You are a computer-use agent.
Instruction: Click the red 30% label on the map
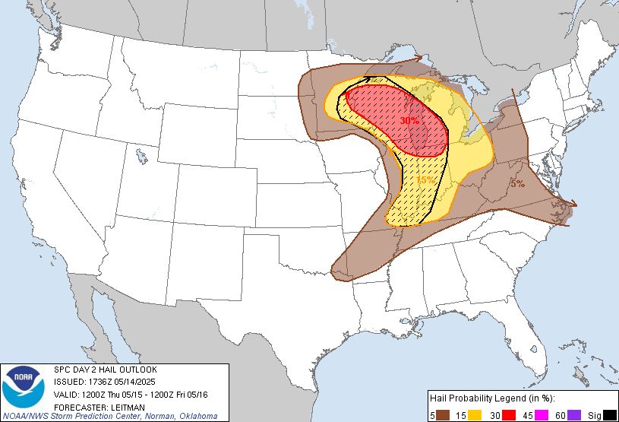(x=409, y=120)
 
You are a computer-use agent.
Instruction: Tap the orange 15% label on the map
(x=425, y=180)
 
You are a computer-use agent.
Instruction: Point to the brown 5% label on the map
(x=516, y=183)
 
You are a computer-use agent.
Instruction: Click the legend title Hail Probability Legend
(x=490, y=398)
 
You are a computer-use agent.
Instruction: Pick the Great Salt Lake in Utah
(x=142, y=158)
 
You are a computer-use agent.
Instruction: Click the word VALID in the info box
(x=68, y=394)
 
